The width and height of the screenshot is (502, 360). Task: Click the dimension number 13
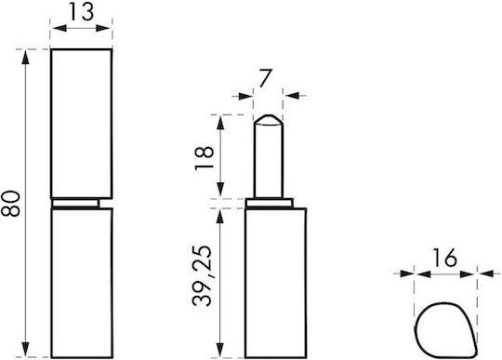(x=82, y=12)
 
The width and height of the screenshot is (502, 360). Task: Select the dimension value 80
(x=10, y=204)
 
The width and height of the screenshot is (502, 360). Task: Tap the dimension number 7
(x=265, y=78)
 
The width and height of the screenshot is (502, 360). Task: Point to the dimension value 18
(x=205, y=158)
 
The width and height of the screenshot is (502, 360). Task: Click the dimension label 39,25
(x=203, y=276)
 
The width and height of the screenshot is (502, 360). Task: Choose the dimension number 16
(x=444, y=258)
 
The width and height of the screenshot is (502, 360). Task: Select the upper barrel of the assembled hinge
(x=82, y=124)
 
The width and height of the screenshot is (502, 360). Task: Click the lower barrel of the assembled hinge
(x=82, y=283)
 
